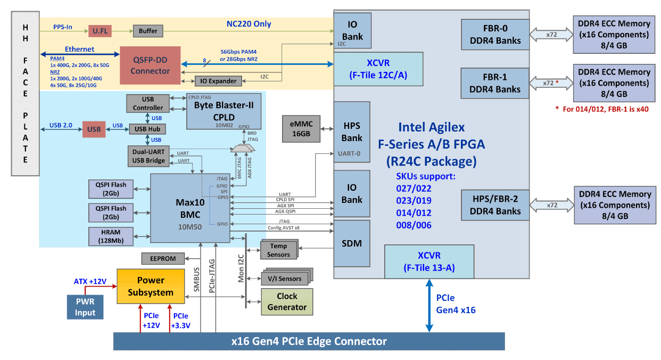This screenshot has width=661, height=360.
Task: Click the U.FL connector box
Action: [x=100, y=31]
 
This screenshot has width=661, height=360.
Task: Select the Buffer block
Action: [x=148, y=31]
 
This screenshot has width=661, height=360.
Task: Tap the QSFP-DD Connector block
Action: [x=150, y=65]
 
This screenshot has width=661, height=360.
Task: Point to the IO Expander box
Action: [x=218, y=81]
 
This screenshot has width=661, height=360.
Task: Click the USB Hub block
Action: [x=148, y=129]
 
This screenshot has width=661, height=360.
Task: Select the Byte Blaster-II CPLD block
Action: [x=224, y=111]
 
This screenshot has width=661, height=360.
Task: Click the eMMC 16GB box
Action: [x=301, y=128]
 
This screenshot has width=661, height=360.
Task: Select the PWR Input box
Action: [x=85, y=307]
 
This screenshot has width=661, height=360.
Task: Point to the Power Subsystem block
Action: [x=151, y=287]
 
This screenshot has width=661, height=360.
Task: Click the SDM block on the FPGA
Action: [x=351, y=243]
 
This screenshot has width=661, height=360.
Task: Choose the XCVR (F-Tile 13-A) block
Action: [x=429, y=261]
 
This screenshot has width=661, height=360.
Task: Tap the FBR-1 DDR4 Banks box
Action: [x=495, y=83]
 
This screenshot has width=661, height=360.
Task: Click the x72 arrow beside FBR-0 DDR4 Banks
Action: [x=551, y=35]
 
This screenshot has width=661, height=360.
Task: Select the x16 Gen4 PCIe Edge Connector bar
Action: [x=309, y=341]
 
